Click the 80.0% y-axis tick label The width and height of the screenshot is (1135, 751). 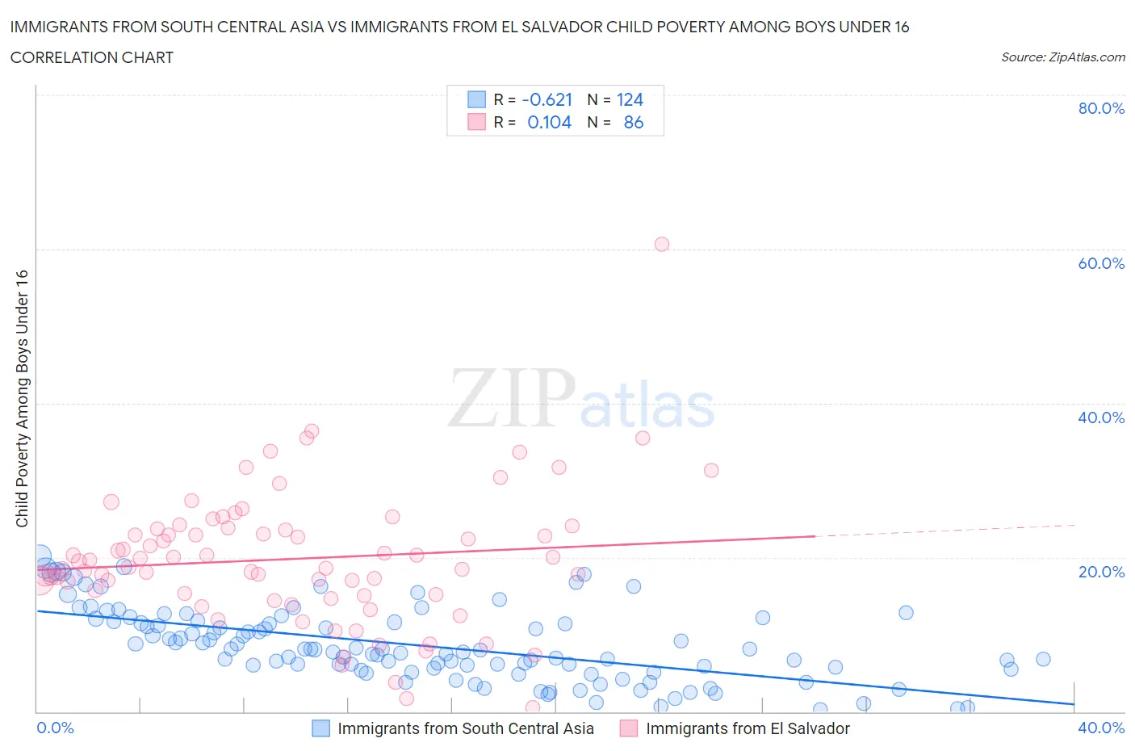1101,108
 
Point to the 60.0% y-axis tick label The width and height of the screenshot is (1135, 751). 1101,263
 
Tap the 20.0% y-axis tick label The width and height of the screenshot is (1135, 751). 1101,572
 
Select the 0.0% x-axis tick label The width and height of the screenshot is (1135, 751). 56,728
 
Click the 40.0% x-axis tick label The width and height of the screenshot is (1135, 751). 1101,728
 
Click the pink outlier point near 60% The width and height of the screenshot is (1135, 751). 662,244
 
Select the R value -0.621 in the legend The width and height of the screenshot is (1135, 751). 547,99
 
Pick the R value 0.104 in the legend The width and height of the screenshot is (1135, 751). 549,122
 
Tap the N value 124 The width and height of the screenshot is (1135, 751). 630,99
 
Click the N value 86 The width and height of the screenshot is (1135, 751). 634,122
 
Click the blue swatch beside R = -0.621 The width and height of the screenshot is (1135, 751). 477,99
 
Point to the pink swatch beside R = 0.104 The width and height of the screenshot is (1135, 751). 477,122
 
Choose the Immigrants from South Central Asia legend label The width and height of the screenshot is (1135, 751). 466,728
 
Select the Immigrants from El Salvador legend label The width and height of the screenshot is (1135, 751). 748,728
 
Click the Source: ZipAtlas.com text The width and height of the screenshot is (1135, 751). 1062,57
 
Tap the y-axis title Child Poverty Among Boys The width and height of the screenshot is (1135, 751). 22,398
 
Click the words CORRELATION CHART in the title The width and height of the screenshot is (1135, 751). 92,57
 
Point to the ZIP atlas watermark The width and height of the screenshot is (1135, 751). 581,399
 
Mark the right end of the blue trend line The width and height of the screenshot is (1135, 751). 1074,704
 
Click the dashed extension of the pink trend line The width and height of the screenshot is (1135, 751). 944,531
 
